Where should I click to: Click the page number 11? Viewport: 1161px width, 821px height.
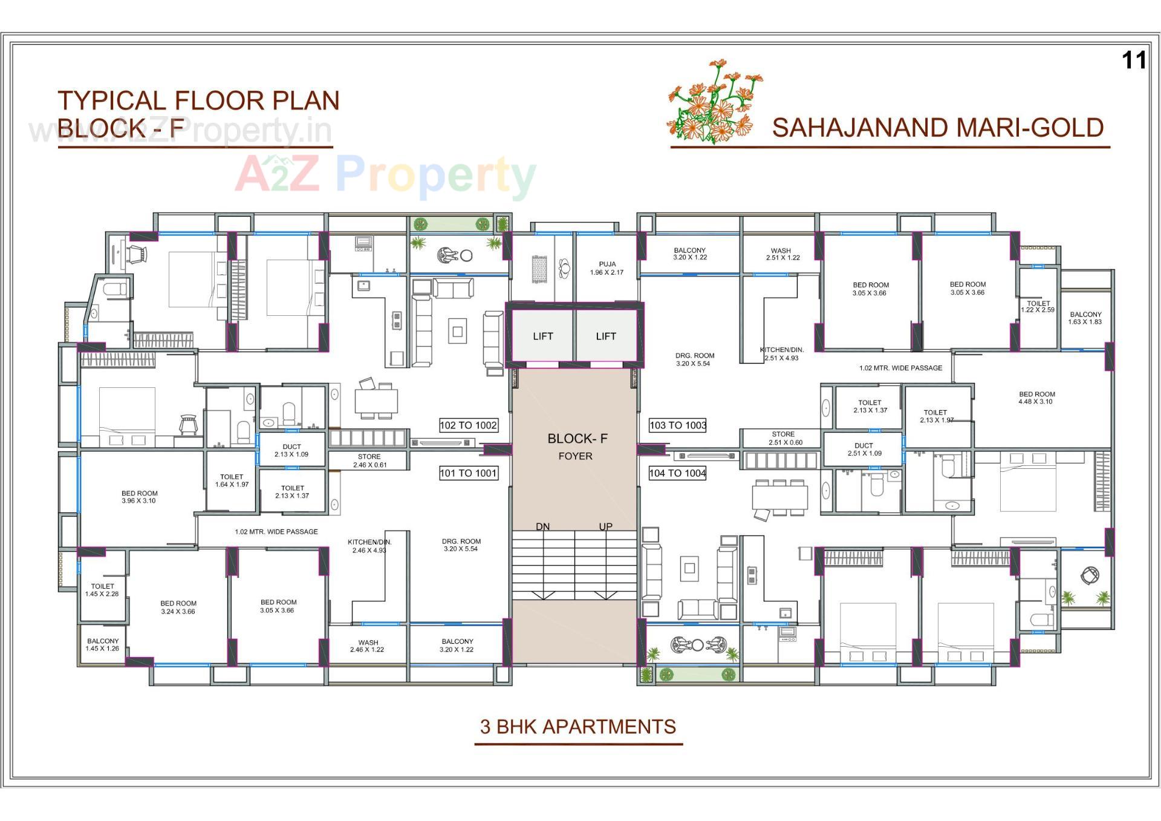pos(1134,61)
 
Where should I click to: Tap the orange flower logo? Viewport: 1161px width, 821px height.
pos(714,102)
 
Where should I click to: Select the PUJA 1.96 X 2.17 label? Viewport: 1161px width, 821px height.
pos(607,268)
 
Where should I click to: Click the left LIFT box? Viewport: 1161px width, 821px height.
pos(542,336)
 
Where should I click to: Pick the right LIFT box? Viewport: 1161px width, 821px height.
pos(606,336)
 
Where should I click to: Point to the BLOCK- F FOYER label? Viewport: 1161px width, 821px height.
pos(577,446)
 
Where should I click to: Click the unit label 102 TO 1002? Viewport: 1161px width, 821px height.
pos(468,425)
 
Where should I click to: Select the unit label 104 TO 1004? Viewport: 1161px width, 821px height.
pos(677,473)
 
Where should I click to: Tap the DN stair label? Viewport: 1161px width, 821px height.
pos(542,526)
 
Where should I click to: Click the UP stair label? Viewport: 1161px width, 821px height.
pos(605,526)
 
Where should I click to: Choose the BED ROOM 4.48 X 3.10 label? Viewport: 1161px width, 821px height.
pos(1036,397)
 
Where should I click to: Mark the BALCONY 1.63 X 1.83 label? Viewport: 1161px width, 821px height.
pos(1085,318)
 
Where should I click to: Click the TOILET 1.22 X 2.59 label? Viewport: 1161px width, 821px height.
pos(1038,307)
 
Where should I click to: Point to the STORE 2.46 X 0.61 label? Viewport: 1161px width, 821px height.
pos(369,461)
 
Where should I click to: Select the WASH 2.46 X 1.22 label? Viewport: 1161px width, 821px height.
pos(368,646)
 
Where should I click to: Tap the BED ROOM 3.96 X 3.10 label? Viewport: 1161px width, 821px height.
pos(139,497)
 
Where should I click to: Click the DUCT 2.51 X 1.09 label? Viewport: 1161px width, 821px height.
pos(864,450)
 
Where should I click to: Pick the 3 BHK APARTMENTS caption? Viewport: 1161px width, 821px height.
pos(578,727)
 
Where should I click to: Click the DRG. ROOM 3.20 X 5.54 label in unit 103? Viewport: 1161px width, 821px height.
pos(694,359)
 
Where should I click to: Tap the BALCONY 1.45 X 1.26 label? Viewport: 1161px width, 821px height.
pos(103,644)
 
